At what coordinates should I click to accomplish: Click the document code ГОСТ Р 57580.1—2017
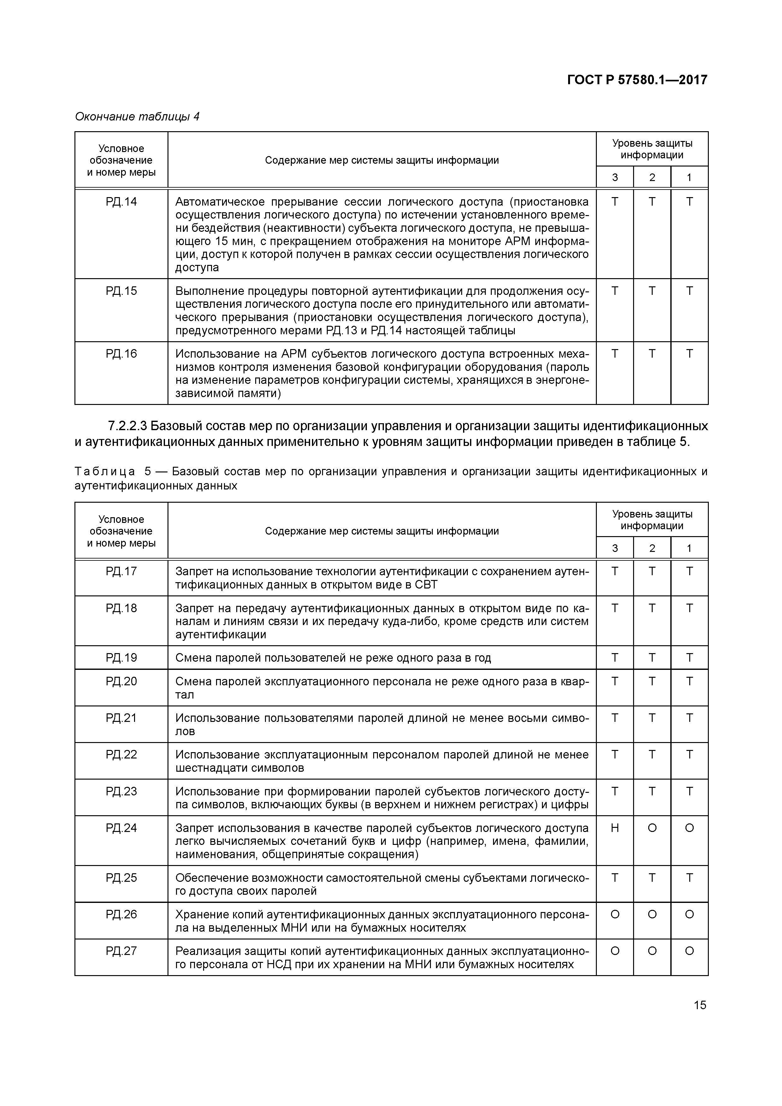[637, 79]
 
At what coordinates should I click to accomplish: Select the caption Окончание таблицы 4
[137, 117]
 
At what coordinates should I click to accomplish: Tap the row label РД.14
[121, 202]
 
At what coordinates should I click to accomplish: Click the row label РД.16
[121, 354]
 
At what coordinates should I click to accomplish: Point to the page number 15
[700, 1005]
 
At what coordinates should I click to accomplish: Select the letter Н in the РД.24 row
[615, 828]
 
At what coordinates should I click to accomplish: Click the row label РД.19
[121, 658]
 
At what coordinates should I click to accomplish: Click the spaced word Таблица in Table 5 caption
[105, 471]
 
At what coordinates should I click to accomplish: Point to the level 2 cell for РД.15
[652, 291]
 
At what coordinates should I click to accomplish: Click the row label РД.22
[121, 755]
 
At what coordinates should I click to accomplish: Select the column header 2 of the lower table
[652, 548]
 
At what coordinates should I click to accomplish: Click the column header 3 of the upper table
[615, 177]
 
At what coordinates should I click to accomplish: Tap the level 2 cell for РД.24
[652, 828]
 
